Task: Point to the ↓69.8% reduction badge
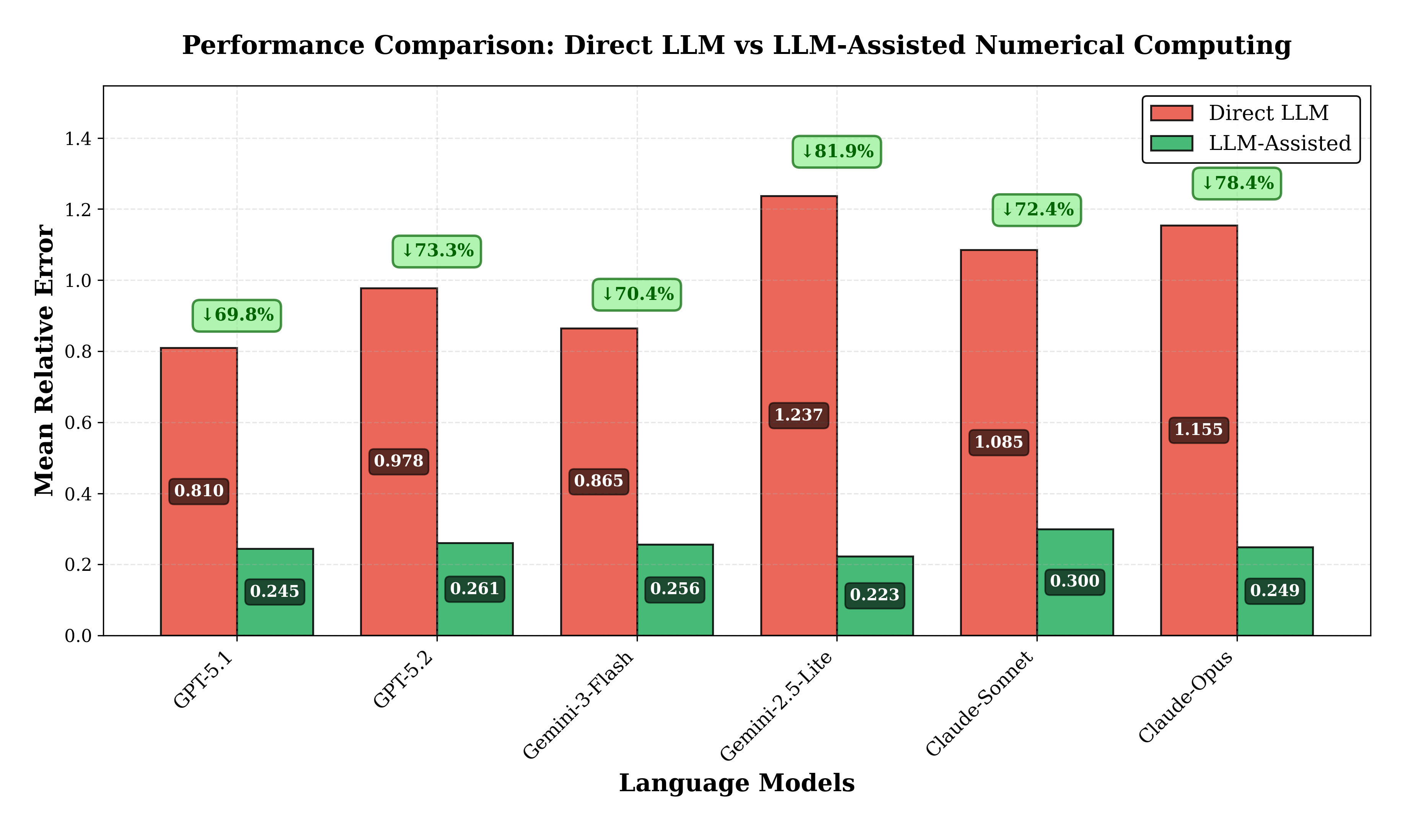237,315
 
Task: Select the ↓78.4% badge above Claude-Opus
1236,183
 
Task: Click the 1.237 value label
799,415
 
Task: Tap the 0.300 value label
1075,581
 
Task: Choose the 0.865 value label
599,481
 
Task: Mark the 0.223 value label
875,595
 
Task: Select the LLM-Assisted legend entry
1279,143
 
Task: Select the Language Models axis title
737,783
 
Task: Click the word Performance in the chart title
273,46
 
